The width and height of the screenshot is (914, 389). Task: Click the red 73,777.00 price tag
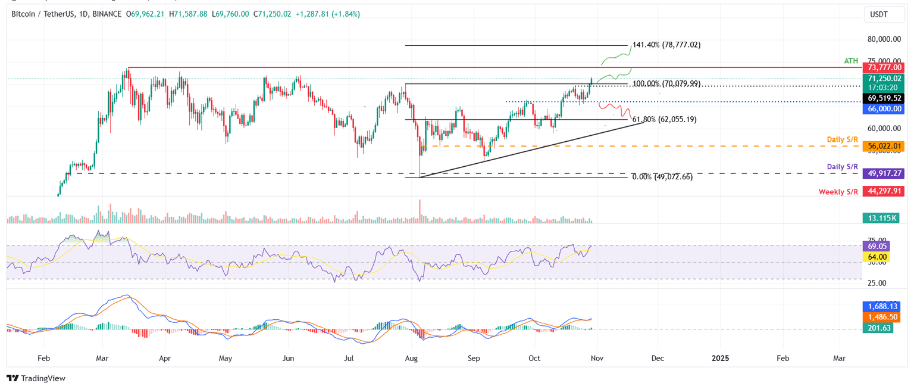click(x=883, y=68)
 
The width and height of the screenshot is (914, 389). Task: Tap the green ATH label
click(x=852, y=61)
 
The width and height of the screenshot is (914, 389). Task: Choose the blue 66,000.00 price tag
click(x=883, y=109)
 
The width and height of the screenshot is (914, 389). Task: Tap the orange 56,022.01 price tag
click(x=883, y=146)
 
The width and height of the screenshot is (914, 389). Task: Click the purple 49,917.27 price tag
click(x=883, y=173)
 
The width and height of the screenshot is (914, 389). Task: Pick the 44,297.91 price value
click(x=883, y=191)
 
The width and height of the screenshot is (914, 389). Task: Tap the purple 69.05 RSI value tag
click(x=878, y=245)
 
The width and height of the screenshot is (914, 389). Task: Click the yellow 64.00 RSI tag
click(x=878, y=257)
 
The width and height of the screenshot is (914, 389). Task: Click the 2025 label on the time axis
click(x=720, y=359)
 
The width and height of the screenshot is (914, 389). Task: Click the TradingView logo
click(x=36, y=378)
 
